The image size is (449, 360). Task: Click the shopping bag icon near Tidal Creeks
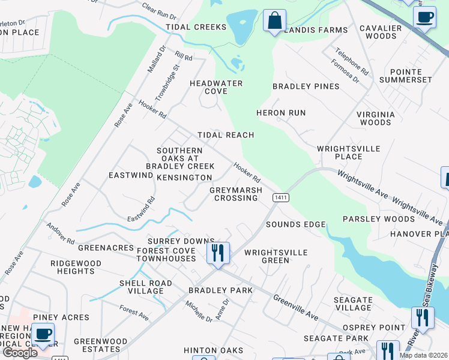[274, 20]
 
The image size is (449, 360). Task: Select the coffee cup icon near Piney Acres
[42, 334]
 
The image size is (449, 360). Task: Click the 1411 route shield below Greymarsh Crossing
[279, 197]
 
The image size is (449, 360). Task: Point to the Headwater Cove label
[216, 87]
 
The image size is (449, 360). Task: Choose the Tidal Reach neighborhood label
[226, 135]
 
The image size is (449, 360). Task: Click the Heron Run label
[281, 113]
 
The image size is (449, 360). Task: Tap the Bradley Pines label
[306, 86]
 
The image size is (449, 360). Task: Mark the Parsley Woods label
[370, 219]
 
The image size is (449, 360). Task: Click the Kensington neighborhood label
[184, 178]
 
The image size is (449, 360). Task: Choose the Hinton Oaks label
[214, 350]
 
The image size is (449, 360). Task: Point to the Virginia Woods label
[376, 118]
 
